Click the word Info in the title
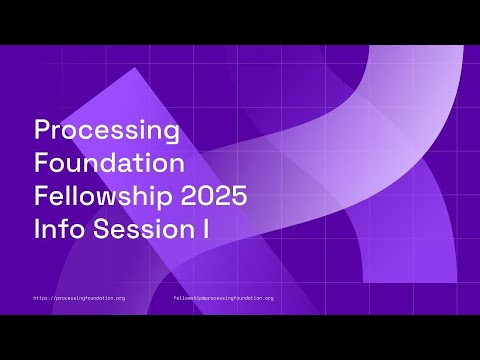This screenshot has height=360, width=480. click(56, 229)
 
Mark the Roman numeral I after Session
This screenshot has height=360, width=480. click(204, 229)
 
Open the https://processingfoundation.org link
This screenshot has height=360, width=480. click(79, 297)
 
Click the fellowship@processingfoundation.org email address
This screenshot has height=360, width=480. click(223, 297)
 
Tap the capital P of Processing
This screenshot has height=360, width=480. click(42, 130)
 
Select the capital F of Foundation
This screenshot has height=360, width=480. click(41, 161)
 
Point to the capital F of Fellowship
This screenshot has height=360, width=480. click(41, 195)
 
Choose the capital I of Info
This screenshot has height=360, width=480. click(37, 229)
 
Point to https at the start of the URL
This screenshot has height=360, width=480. click(42, 297)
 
